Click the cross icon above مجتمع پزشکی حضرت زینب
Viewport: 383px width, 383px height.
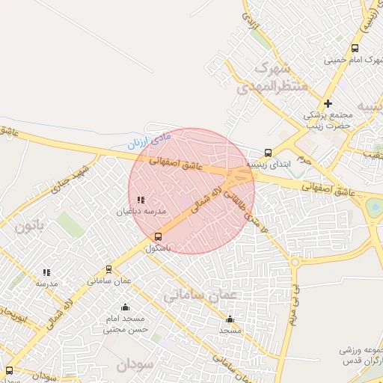point(328,103)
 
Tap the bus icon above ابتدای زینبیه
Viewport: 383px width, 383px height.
point(269,153)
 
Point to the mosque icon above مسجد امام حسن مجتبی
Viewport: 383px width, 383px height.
point(125,307)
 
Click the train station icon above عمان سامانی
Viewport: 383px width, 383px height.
point(109,269)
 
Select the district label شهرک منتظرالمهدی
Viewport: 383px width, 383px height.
point(272,78)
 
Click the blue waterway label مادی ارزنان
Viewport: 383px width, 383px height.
point(149,139)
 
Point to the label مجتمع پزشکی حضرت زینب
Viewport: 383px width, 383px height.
point(328,120)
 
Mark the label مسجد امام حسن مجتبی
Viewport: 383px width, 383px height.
point(125,324)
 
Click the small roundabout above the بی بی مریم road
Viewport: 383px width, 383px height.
point(295,263)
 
